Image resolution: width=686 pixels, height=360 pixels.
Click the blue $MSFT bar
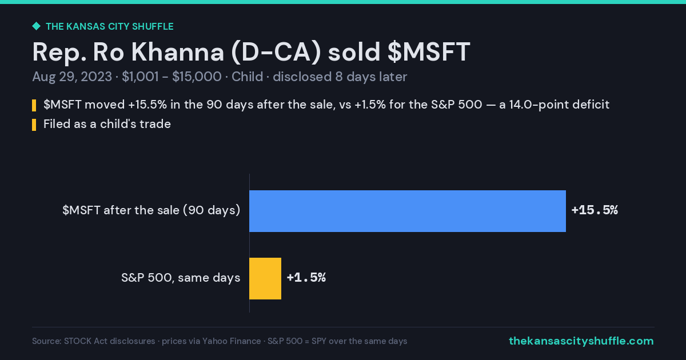[407, 211]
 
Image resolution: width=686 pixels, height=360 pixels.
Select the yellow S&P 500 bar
[265, 278]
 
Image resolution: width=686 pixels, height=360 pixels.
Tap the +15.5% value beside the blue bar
[595, 210]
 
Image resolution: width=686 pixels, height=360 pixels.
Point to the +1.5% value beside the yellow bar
[306, 278]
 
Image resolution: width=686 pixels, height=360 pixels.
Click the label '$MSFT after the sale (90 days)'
[151, 210]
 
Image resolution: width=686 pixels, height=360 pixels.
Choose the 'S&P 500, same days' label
[181, 278]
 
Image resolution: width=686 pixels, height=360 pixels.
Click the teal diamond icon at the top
[36, 26]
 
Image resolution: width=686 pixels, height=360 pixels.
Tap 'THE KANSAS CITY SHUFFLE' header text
[110, 27]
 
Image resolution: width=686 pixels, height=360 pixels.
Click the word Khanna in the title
[178, 52]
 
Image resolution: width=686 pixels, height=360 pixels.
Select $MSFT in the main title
[429, 52]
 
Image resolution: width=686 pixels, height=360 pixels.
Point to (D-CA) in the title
[276, 53]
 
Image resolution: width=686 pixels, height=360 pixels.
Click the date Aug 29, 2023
[72, 77]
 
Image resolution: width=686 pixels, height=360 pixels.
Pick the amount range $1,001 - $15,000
[171, 77]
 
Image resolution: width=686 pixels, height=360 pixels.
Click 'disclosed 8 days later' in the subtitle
[340, 77]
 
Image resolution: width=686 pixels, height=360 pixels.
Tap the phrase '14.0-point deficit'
[559, 105]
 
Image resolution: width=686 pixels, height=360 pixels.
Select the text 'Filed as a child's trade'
[107, 124]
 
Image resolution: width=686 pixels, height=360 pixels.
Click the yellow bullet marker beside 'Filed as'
[34, 125]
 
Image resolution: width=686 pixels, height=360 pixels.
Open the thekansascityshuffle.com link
[581, 341]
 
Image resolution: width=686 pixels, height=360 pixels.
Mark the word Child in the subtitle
[247, 77]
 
